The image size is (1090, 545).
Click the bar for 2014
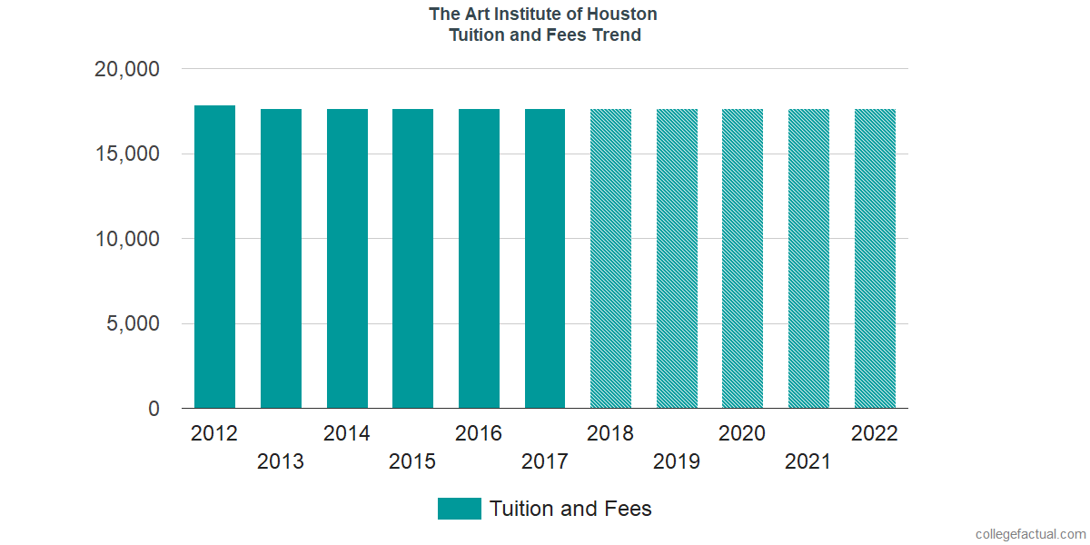347,259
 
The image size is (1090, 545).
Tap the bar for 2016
479,259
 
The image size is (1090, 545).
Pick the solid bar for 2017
545,259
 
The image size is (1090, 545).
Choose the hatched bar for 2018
610,259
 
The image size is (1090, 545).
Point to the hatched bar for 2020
742,259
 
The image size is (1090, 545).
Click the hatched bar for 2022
875,259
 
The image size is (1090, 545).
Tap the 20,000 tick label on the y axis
127,69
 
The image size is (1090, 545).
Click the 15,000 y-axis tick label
127,154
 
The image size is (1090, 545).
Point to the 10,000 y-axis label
127,239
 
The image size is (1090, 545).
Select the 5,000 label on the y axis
134,324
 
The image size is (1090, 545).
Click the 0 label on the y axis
154,409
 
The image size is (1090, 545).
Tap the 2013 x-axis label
281,461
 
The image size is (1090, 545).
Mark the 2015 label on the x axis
412,461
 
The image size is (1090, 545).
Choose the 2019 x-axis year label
677,461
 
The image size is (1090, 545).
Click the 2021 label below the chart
808,461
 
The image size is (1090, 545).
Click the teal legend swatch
459,509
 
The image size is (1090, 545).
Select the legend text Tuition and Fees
570,509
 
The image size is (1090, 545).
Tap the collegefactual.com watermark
1030,534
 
